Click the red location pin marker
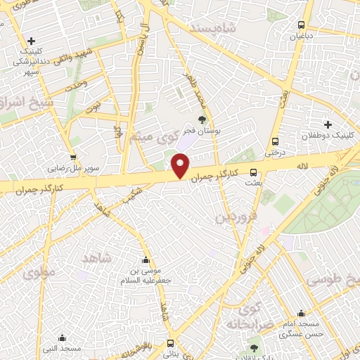pos(181,167)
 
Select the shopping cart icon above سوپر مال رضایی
pos(72,157)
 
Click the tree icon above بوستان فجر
pos(202,120)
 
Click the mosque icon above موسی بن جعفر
pos(146,259)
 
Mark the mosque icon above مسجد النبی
pos(62,337)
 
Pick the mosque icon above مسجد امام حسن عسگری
pos(301,314)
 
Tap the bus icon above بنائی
pos(171,343)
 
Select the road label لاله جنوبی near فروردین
pos(251,258)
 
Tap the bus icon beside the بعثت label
pos(253,172)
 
